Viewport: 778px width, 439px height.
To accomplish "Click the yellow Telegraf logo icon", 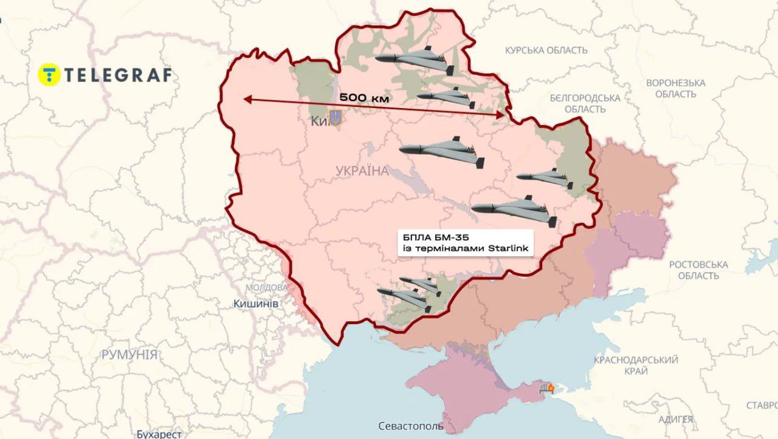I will click(48, 74).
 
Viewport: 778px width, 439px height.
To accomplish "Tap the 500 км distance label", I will click(363, 97).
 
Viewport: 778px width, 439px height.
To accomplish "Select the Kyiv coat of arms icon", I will click(335, 117).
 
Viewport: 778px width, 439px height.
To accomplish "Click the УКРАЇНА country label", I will click(362, 171).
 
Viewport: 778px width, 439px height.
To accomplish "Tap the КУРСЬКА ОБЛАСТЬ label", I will click(546, 50).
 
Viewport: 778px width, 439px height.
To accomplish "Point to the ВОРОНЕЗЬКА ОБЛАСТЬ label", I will click(675, 88).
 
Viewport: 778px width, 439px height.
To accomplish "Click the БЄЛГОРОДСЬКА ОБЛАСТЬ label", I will click(585, 103).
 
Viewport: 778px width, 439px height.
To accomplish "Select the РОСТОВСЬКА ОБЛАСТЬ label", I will click(698, 270).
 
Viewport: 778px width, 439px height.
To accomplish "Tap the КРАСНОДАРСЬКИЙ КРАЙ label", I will click(636, 366).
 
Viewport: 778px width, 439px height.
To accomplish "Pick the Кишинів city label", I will click(255, 302).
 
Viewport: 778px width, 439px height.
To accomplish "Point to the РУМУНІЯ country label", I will click(129, 355).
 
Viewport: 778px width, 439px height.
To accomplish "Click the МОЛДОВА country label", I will click(266, 287).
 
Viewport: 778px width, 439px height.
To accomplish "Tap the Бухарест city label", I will click(159, 434).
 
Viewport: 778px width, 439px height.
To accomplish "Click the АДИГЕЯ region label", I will click(675, 419).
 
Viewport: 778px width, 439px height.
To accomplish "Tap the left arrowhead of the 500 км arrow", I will click(244, 99).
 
